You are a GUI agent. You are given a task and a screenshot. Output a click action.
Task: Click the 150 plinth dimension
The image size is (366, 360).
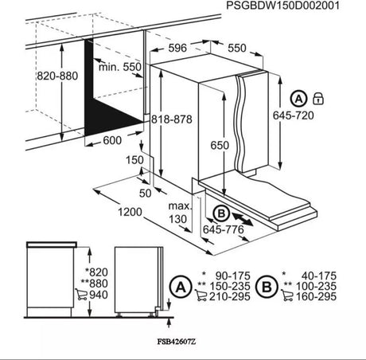click(134, 159)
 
